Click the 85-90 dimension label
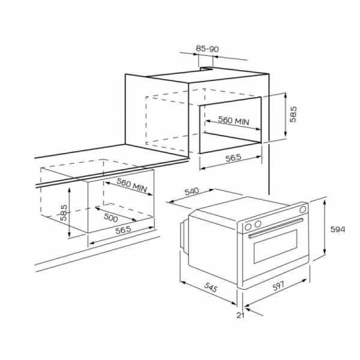[x=208, y=49]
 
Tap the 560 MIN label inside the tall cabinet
[x=233, y=121]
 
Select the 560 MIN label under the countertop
[x=131, y=185]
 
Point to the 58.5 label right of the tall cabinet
[x=293, y=114]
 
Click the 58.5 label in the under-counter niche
[x=64, y=213]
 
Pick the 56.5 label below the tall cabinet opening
[x=233, y=158]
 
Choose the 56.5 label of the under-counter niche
[x=123, y=230]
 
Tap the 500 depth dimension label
[x=111, y=217]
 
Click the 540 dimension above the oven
[x=192, y=191]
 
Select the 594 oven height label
[x=337, y=229]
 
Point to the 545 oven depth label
[x=211, y=287]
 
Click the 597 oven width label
[x=278, y=286]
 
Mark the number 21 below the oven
[x=241, y=316]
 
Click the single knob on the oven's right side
[x=303, y=209]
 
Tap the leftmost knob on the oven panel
[x=248, y=227]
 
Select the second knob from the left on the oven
[x=258, y=223]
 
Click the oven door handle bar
[x=276, y=229]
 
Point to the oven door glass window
[x=275, y=247]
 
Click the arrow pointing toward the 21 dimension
[x=254, y=311]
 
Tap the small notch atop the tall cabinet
[x=206, y=68]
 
